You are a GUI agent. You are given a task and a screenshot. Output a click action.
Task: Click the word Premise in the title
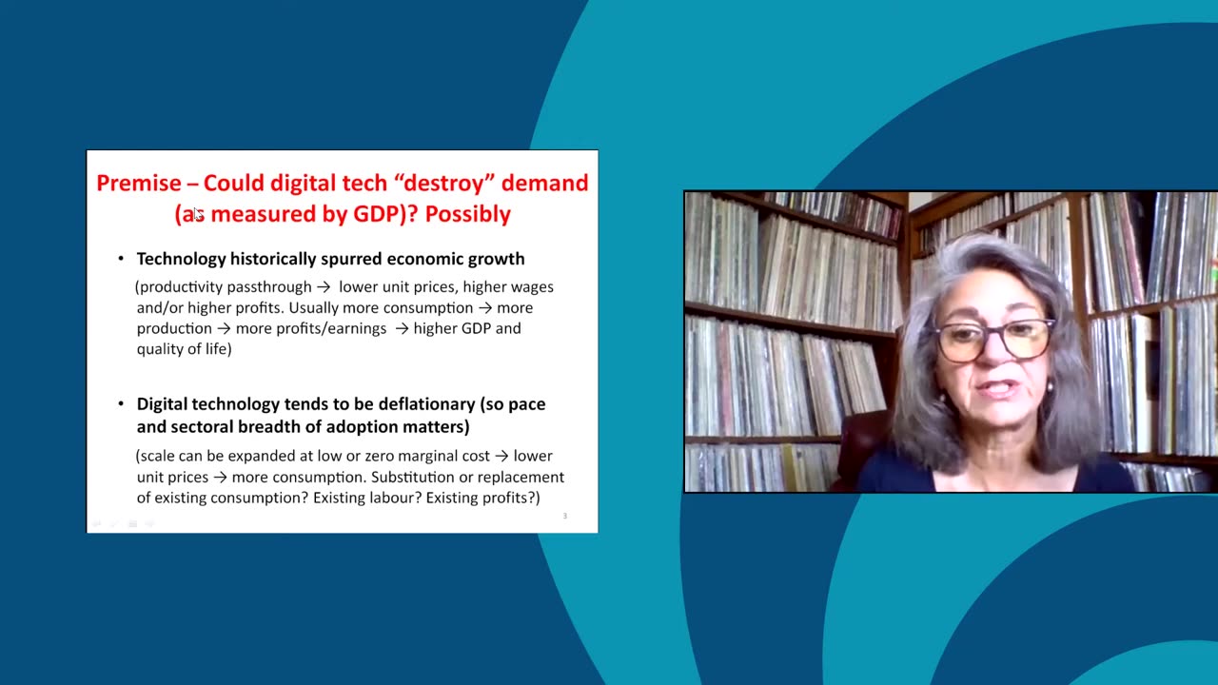(x=138, y=183)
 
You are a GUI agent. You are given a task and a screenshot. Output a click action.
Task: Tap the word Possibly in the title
(x=467, y=214)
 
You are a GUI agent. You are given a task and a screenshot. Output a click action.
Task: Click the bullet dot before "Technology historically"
(x=121, y=259)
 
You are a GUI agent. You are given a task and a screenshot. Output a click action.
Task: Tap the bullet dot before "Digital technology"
(x=121, y=403)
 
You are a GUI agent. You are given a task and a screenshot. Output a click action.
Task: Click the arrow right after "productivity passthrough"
(x=324, y=287)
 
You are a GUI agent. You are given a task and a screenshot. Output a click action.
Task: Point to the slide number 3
(x=564, y=517)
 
